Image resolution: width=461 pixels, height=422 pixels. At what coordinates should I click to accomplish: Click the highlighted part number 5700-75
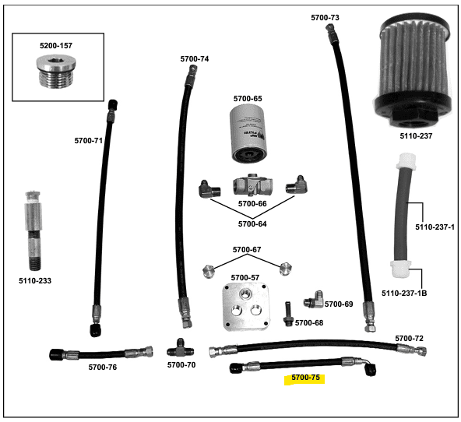(305, 378)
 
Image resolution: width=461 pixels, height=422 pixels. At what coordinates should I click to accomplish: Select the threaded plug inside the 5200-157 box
(56, 72)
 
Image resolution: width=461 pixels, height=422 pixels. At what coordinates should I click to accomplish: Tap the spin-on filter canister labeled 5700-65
(248, 134)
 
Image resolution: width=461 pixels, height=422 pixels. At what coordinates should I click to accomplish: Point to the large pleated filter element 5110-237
(413, 71)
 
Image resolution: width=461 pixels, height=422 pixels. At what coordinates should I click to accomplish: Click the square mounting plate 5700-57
(246, 307)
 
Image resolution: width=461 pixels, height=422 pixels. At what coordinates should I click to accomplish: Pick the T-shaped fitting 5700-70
(181, 349)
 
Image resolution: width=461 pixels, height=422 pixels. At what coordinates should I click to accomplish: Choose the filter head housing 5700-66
(252, 185)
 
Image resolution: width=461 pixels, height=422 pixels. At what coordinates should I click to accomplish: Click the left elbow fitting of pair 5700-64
(209, 189)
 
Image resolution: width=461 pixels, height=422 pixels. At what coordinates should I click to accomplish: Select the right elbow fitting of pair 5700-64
(297, 185)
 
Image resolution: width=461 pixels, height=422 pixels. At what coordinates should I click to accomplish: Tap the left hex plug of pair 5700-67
(209, 271)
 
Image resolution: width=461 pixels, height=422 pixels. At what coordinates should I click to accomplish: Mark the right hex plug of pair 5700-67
(286, 269)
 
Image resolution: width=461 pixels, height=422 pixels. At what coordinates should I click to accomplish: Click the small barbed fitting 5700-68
(288, 314)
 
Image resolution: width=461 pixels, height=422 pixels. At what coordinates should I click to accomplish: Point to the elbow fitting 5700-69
(313, 300)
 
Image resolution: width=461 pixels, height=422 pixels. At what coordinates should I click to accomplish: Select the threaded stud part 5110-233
(33, 230)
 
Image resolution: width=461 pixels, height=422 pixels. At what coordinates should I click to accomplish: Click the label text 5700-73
(325, 18)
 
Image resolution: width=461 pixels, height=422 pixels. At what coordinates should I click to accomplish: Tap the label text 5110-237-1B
(404, 293)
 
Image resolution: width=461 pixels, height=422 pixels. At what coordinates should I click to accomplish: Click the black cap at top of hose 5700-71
(113, 105)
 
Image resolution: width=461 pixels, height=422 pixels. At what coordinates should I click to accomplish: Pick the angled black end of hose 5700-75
(369, 369)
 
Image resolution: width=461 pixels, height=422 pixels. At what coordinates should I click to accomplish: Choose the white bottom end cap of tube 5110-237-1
(401, 269)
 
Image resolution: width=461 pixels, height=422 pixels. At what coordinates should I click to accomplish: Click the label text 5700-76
(103, 367)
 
